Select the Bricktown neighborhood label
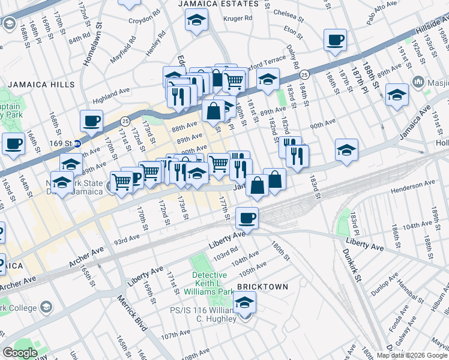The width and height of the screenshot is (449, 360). click(x=263, y=287)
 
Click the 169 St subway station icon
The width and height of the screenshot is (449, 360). click(x=78, y=144)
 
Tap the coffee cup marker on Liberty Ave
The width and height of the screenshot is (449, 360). click(x=246, y=217)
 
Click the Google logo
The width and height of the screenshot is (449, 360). click(x=20, y=353)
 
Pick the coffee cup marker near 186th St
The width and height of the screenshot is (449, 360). click(x=335, y=40)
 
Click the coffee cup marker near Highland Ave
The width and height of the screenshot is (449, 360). click(x=91, y=121)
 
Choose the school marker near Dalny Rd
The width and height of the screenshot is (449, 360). click(x=268, y=77)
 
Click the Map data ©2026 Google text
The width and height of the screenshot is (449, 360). click(x=412, y=355)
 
